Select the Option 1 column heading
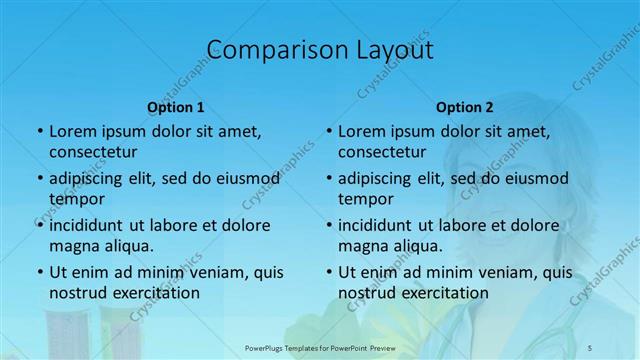click(x=175, y=107)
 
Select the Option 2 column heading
click(x=464, y=107)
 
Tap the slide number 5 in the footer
click(x=591, y=347)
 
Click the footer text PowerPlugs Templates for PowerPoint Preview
click(x=319, y=347)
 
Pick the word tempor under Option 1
click(x=73, y=199)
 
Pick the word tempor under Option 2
click(x=362, y=199)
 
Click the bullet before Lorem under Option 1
click(x=39, y=132)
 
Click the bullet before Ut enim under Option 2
click(x=328, y=273)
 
